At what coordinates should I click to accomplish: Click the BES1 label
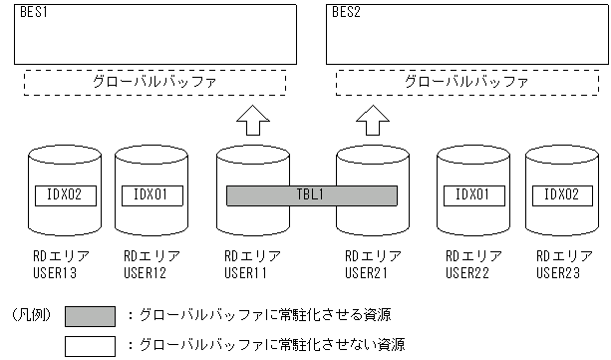[32, 13]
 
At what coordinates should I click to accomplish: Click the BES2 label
[345, 13]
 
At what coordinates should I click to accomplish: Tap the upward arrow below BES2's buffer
[373, 122]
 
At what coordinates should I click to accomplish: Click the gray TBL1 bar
[311, 194]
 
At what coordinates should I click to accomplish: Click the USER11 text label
[245, 270]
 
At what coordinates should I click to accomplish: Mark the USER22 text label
[466, 270]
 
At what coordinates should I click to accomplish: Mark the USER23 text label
[554, 270]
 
